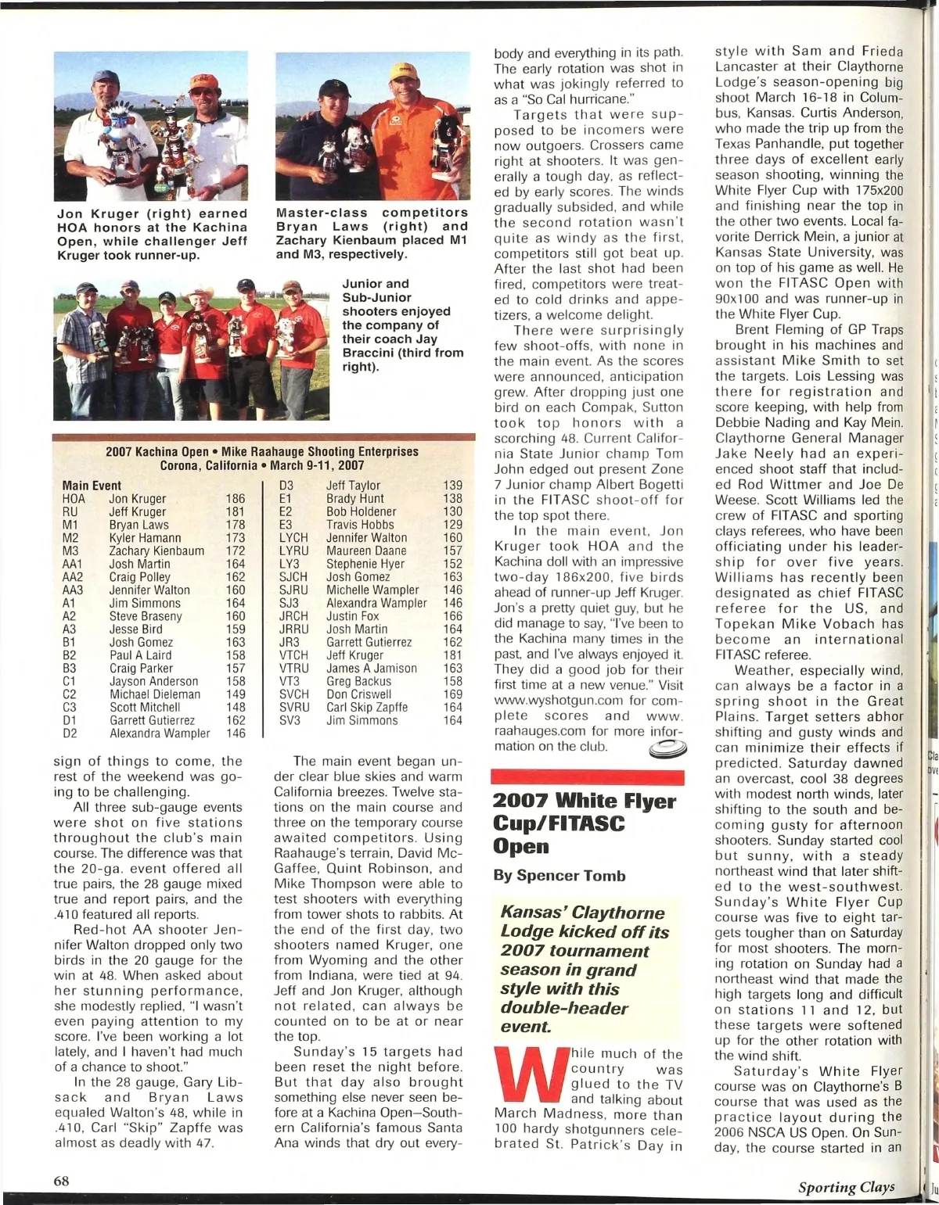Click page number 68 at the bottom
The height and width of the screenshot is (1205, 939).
[x=62, y=1181]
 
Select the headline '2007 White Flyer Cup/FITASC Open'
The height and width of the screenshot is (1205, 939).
[x=585, y=823]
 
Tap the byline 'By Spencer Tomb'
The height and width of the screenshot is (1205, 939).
[x=559, y=876]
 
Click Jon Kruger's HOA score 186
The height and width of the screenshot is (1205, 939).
[x=235, y=499]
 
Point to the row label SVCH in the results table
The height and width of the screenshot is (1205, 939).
[x=293, y=694]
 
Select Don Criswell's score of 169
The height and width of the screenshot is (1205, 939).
[x=452, y=694]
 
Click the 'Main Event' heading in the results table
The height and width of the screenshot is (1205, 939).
[x=92, y=486]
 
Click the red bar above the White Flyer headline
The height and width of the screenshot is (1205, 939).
[x=587, y=777]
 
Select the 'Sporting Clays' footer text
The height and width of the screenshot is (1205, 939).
[x=846, y=1187]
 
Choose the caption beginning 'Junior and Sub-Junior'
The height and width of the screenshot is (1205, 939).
[x=402, y=325]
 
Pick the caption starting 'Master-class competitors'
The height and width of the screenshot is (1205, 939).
[x=372, y=233]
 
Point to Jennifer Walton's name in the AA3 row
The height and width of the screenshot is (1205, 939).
[x=149, y=590]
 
